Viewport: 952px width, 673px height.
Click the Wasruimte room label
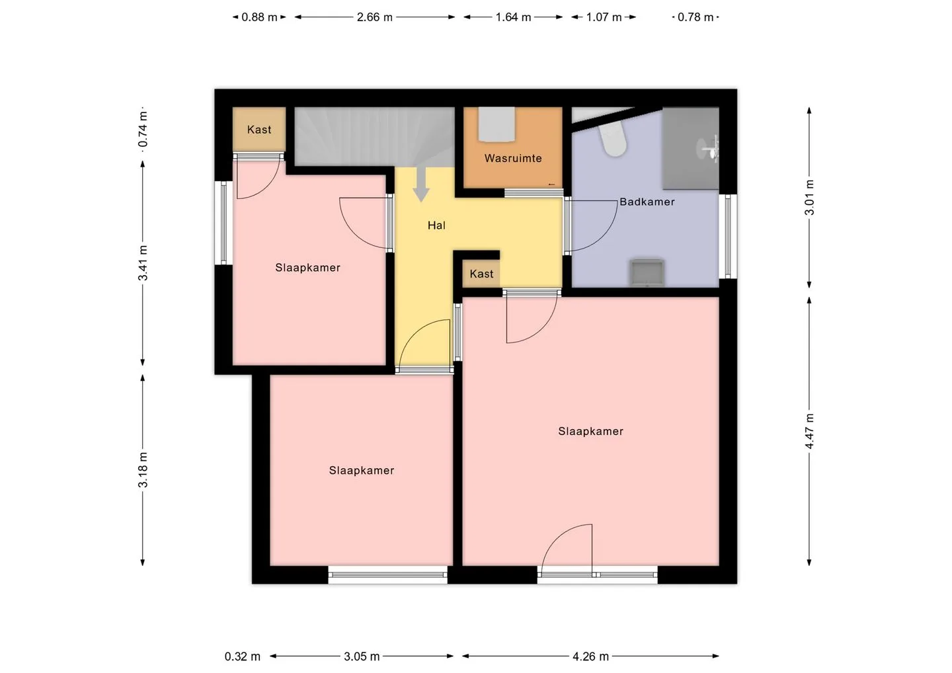click(513, 159)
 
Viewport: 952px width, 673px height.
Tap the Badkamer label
click(647, 202)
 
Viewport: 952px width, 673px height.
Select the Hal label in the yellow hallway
click(436, 225)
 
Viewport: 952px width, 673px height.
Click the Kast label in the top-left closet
click(259, 130)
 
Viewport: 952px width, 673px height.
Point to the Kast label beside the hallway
click(481, 274)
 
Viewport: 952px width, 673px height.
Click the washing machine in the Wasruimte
click(496, 124)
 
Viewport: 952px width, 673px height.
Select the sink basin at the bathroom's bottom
click(647, 272)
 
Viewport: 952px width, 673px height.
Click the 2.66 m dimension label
click(374, 17)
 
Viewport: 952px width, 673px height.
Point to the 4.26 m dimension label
click(591, 656)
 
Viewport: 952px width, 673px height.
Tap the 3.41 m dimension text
click(143, 263)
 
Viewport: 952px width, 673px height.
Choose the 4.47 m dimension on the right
click(809, 431)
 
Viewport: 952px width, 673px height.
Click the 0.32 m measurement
click(242, 656)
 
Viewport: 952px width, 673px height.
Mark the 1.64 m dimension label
click(514, 17)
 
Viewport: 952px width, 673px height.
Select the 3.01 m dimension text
click(809, 198)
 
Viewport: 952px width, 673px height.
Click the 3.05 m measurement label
click(362, 656)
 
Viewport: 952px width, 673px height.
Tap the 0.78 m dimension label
click(695, 17)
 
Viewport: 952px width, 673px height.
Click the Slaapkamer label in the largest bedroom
click(591, 431)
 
